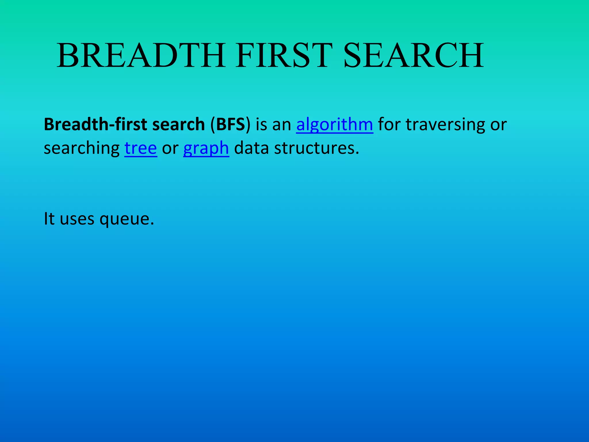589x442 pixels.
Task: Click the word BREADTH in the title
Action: pyautogui.click(x=141, y=55)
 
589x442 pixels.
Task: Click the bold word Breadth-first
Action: pyautogui.click(x=95, y=124)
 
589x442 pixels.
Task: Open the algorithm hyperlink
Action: pyautogui.click(x=334, y=125)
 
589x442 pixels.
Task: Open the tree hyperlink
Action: pyautogui.click(x=141, y=148)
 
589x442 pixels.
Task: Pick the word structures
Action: pyautogui.click(x=316, y=148)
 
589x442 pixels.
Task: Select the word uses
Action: pyautogui.click(x=77, y=219)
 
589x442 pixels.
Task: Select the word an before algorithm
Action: pyautogui.click(x=282, y=125)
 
